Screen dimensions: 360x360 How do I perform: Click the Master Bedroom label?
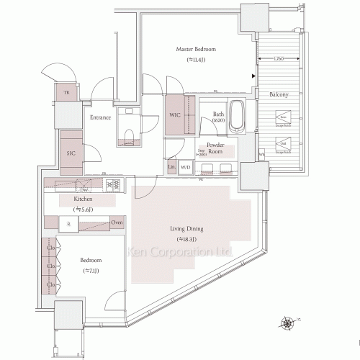(196, 49)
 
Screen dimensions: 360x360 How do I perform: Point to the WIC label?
(175, 114)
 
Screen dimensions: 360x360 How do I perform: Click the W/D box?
(185, 167)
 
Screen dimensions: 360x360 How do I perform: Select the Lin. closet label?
(171, 167)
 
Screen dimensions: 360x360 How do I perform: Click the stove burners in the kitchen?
(113, 185)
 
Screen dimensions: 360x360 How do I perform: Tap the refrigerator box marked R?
(68, 224)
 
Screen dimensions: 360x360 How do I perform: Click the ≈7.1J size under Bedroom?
(91, 271)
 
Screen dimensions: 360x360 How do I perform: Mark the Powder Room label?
(216, 149)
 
